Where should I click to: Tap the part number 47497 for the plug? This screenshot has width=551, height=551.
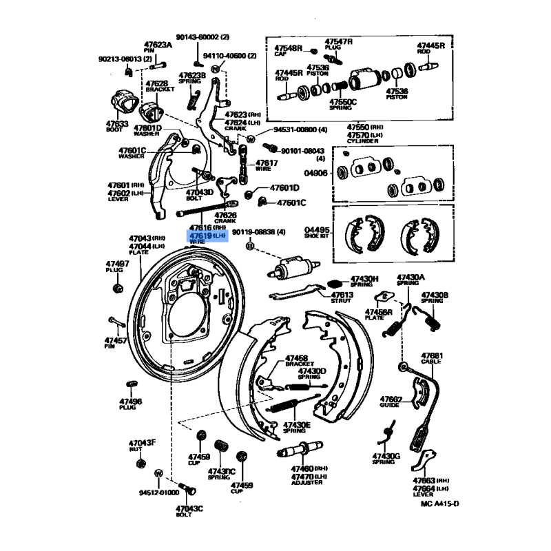point(116,264)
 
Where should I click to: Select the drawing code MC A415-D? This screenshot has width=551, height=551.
point(439,504)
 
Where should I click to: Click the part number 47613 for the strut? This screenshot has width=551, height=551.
point(342,295)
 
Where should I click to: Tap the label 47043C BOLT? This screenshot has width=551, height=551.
point(190,508)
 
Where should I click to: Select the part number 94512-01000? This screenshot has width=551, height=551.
point(158,492)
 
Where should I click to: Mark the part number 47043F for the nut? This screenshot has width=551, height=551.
point(143,442)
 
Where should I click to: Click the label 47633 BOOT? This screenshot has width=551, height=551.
point(117,124)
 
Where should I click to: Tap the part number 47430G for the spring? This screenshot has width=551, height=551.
point(386,455)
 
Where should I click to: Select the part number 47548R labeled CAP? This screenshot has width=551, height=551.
point(289,48)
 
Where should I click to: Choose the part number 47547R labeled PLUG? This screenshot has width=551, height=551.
point(339,41)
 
